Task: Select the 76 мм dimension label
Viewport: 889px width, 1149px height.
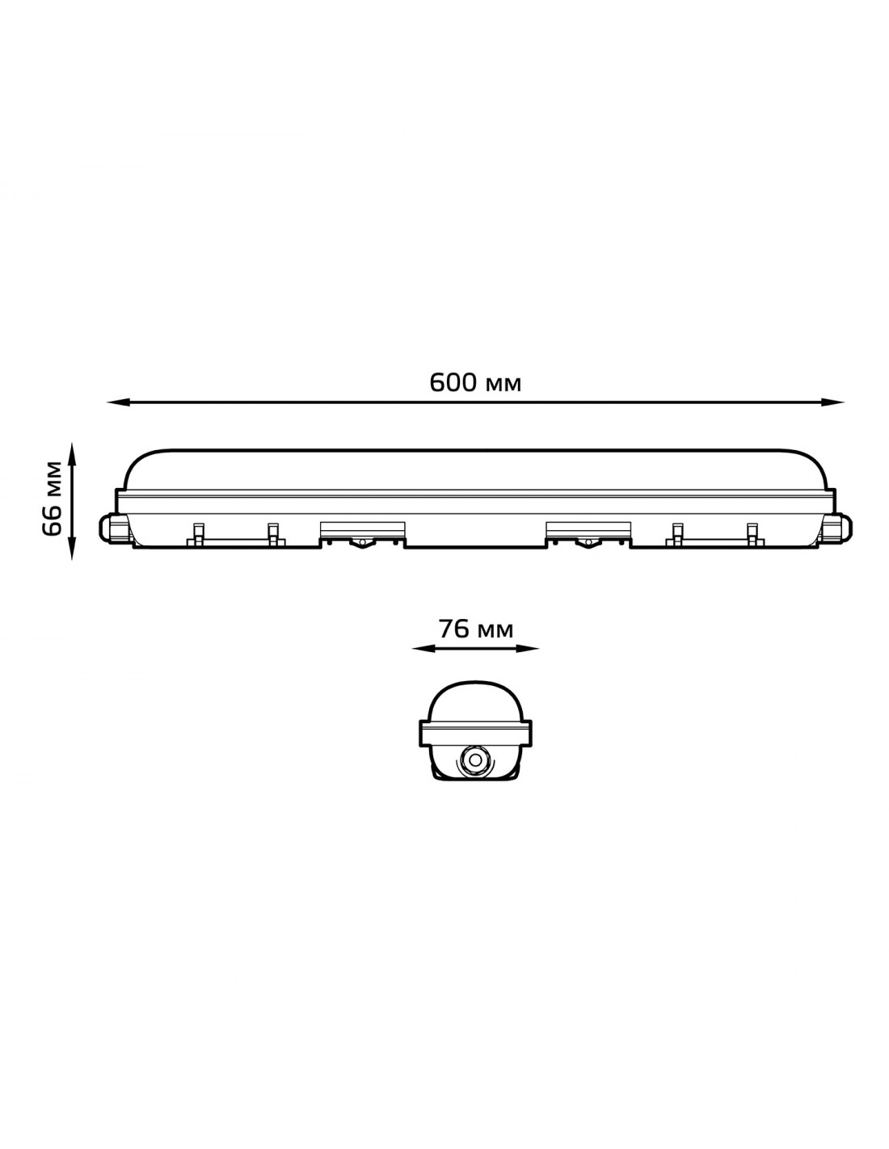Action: pyautogui.click(x=475, y=629)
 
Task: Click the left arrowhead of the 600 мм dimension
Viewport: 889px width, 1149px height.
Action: pyautogui.click(x=118, y=403)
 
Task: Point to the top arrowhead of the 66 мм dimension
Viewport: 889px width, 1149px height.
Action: pyautogui.click(x=72, y=454)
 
